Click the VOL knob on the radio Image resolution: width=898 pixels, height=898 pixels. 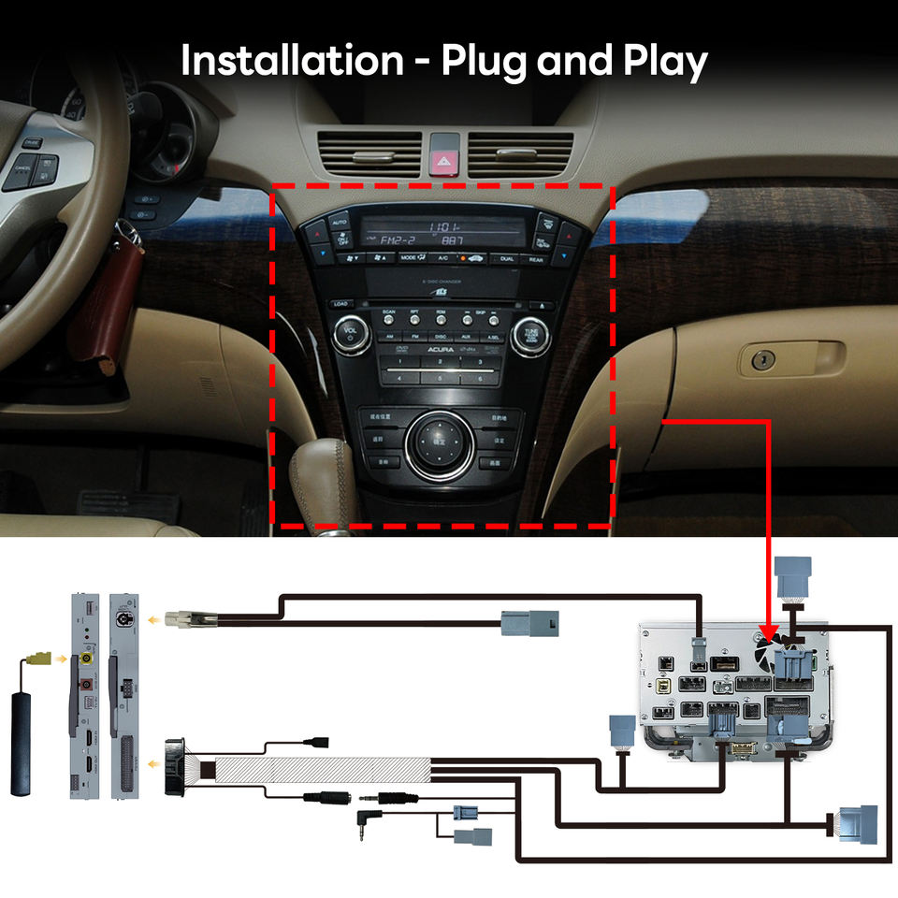coord(351,334)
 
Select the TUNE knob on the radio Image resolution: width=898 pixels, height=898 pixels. coord(530,334)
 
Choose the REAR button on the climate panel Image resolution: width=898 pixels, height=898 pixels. coord(536,259)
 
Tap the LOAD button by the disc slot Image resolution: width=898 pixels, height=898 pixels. coord(340,305)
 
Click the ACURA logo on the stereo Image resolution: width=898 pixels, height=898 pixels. coord(440,349)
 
